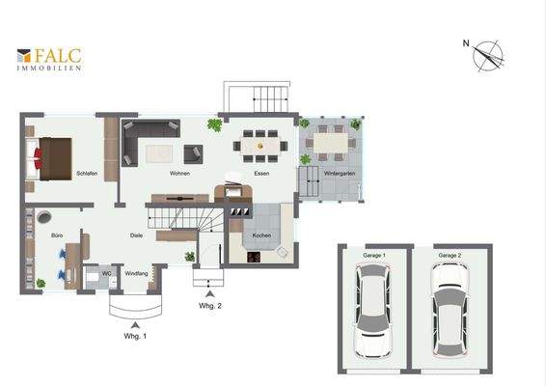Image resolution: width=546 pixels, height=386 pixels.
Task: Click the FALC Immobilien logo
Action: pyautogui.click(x=49, y=60)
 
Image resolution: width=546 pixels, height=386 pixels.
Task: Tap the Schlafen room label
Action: pyautogui.click(x=86, y=174)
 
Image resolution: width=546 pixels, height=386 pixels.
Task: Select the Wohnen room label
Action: pyautogui.click(x=179, y=174)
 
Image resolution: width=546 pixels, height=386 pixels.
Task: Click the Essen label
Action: pyautogui.click(x=261, y=174)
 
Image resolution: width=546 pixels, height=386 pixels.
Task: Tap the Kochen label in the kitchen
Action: pyautogui.click(x=261, y=236)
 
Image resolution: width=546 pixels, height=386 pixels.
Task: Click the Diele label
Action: pyautogui.click(x=137, y=235)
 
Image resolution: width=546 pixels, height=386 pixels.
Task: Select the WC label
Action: pyautogui.click(x=107, y=274)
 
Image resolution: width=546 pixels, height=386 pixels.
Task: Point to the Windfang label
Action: pyautogui.click(x=137, y=274)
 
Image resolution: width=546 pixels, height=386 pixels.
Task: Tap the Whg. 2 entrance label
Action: pyautogui.click(x=211, y=306)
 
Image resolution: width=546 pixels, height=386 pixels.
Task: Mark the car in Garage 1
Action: pyautogui.click(x=371, y=309)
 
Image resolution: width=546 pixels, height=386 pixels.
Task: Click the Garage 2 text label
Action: pyautogui.click(x=449, y=255)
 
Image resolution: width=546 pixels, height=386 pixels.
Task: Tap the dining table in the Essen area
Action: pyautogui.click(x=260, y=146)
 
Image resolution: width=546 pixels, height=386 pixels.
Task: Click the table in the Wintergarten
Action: pyautogui.click(x=329, y=143)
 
